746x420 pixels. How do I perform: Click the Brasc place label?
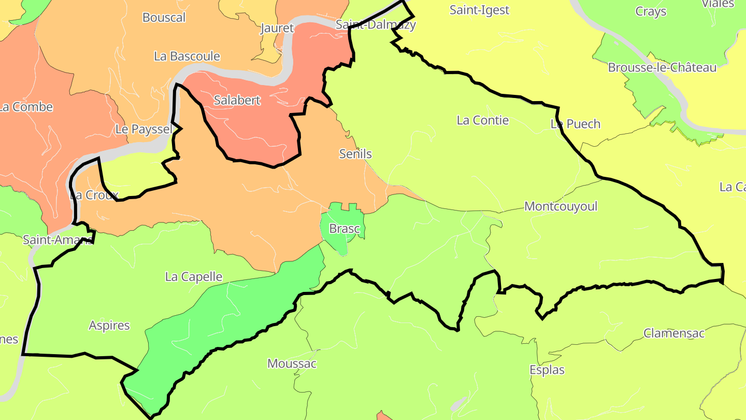345,229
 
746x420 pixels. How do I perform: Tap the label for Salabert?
237,101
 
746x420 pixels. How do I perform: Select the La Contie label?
482,120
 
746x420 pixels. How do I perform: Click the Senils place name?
355,154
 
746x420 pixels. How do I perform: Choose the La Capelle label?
193,277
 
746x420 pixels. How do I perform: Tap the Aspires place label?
109,326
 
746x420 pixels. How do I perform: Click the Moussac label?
292,363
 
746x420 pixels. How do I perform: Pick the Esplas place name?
547,370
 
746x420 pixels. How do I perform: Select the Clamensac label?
674,333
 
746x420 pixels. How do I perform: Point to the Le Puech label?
575,124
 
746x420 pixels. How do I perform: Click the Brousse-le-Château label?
662,68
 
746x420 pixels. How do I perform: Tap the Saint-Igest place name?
479,10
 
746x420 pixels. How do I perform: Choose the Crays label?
650,11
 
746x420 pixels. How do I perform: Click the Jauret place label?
277,28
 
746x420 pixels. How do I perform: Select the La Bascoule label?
187,56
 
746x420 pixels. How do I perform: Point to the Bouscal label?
164,18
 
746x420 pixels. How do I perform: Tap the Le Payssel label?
144,130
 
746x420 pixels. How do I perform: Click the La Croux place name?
94,195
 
